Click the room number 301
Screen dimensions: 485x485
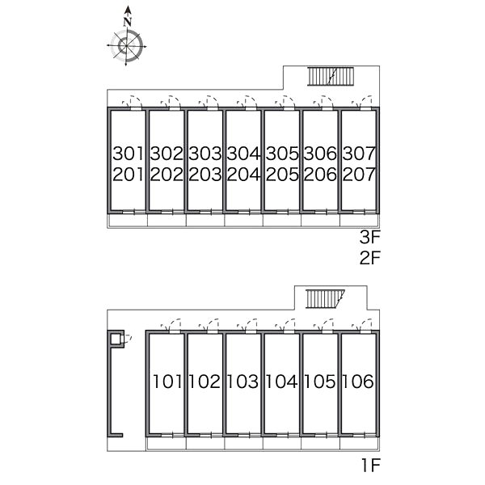129,154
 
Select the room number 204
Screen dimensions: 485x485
244,175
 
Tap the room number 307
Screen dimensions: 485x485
359,154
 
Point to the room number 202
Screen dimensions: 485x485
167,175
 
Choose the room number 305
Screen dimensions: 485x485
282,154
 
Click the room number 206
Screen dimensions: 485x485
320,175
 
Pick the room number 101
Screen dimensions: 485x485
167,382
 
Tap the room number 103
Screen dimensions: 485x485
242,382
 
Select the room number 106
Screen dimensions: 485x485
358,382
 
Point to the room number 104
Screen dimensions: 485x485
281,382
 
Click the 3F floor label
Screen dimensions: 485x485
369,238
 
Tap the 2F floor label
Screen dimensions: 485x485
369,258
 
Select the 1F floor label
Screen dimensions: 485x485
370,466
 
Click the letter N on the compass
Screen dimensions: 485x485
128,22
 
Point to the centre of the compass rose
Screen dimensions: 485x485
127,46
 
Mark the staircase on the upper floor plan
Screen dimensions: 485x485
330,77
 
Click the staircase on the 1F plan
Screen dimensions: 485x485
325,299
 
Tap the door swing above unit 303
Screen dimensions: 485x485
209,102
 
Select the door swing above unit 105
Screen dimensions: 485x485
323,326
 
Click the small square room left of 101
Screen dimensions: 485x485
116,339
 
